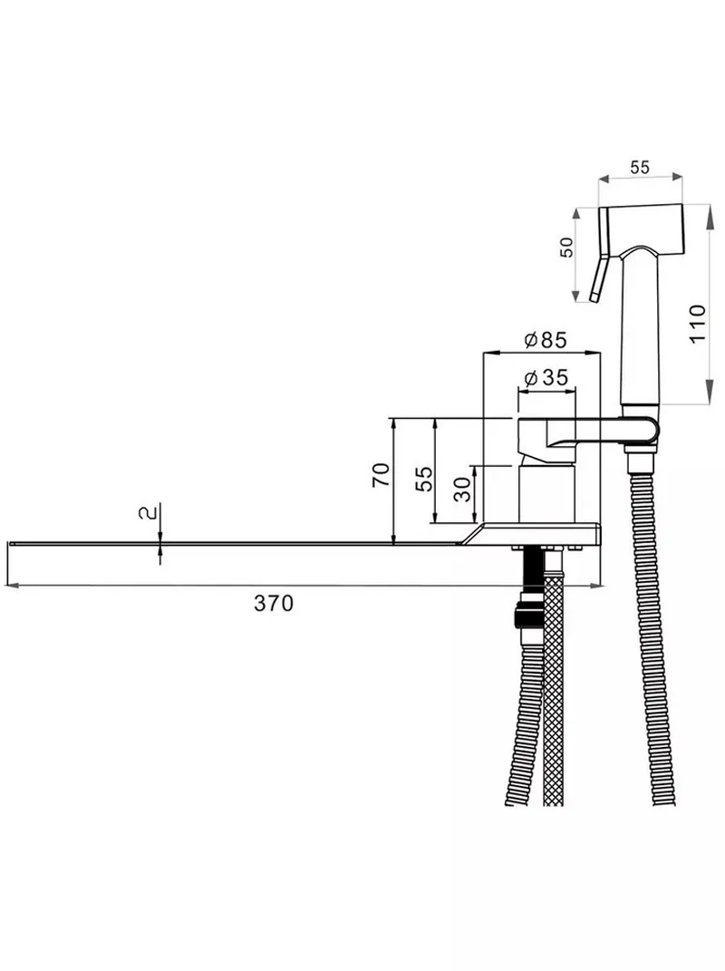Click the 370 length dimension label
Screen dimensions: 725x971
(x=274, y=603)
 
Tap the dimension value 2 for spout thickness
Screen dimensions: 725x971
(x=146, y=513)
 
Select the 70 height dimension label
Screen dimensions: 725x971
(x=382, y=474)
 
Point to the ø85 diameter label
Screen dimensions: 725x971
(x=545, y=340)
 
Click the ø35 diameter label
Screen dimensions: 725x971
(x=545, y=377)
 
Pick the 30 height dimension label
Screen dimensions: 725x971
(x=462, y=490)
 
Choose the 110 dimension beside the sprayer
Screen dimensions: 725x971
(x=697, y=324)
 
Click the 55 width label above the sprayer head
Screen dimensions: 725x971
(x=640, y=167)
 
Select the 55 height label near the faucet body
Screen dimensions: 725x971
(x=424, y=479)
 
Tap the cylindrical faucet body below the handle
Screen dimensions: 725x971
(x=547, y=493)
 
